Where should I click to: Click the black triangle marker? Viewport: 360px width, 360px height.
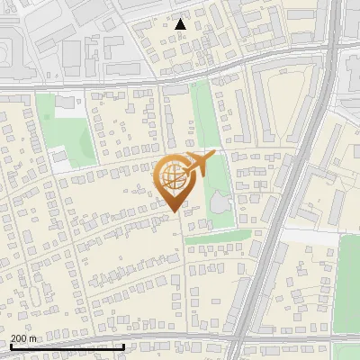click(x=181, y=24)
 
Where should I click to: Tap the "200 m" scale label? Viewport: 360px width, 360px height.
click(x=24, y=337)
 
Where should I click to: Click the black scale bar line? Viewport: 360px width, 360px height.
click(x=67, y=346)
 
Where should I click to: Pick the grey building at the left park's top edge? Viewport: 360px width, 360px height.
click(x=63, y=102)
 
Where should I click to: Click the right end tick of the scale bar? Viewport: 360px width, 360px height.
click(x=124, y=346)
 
